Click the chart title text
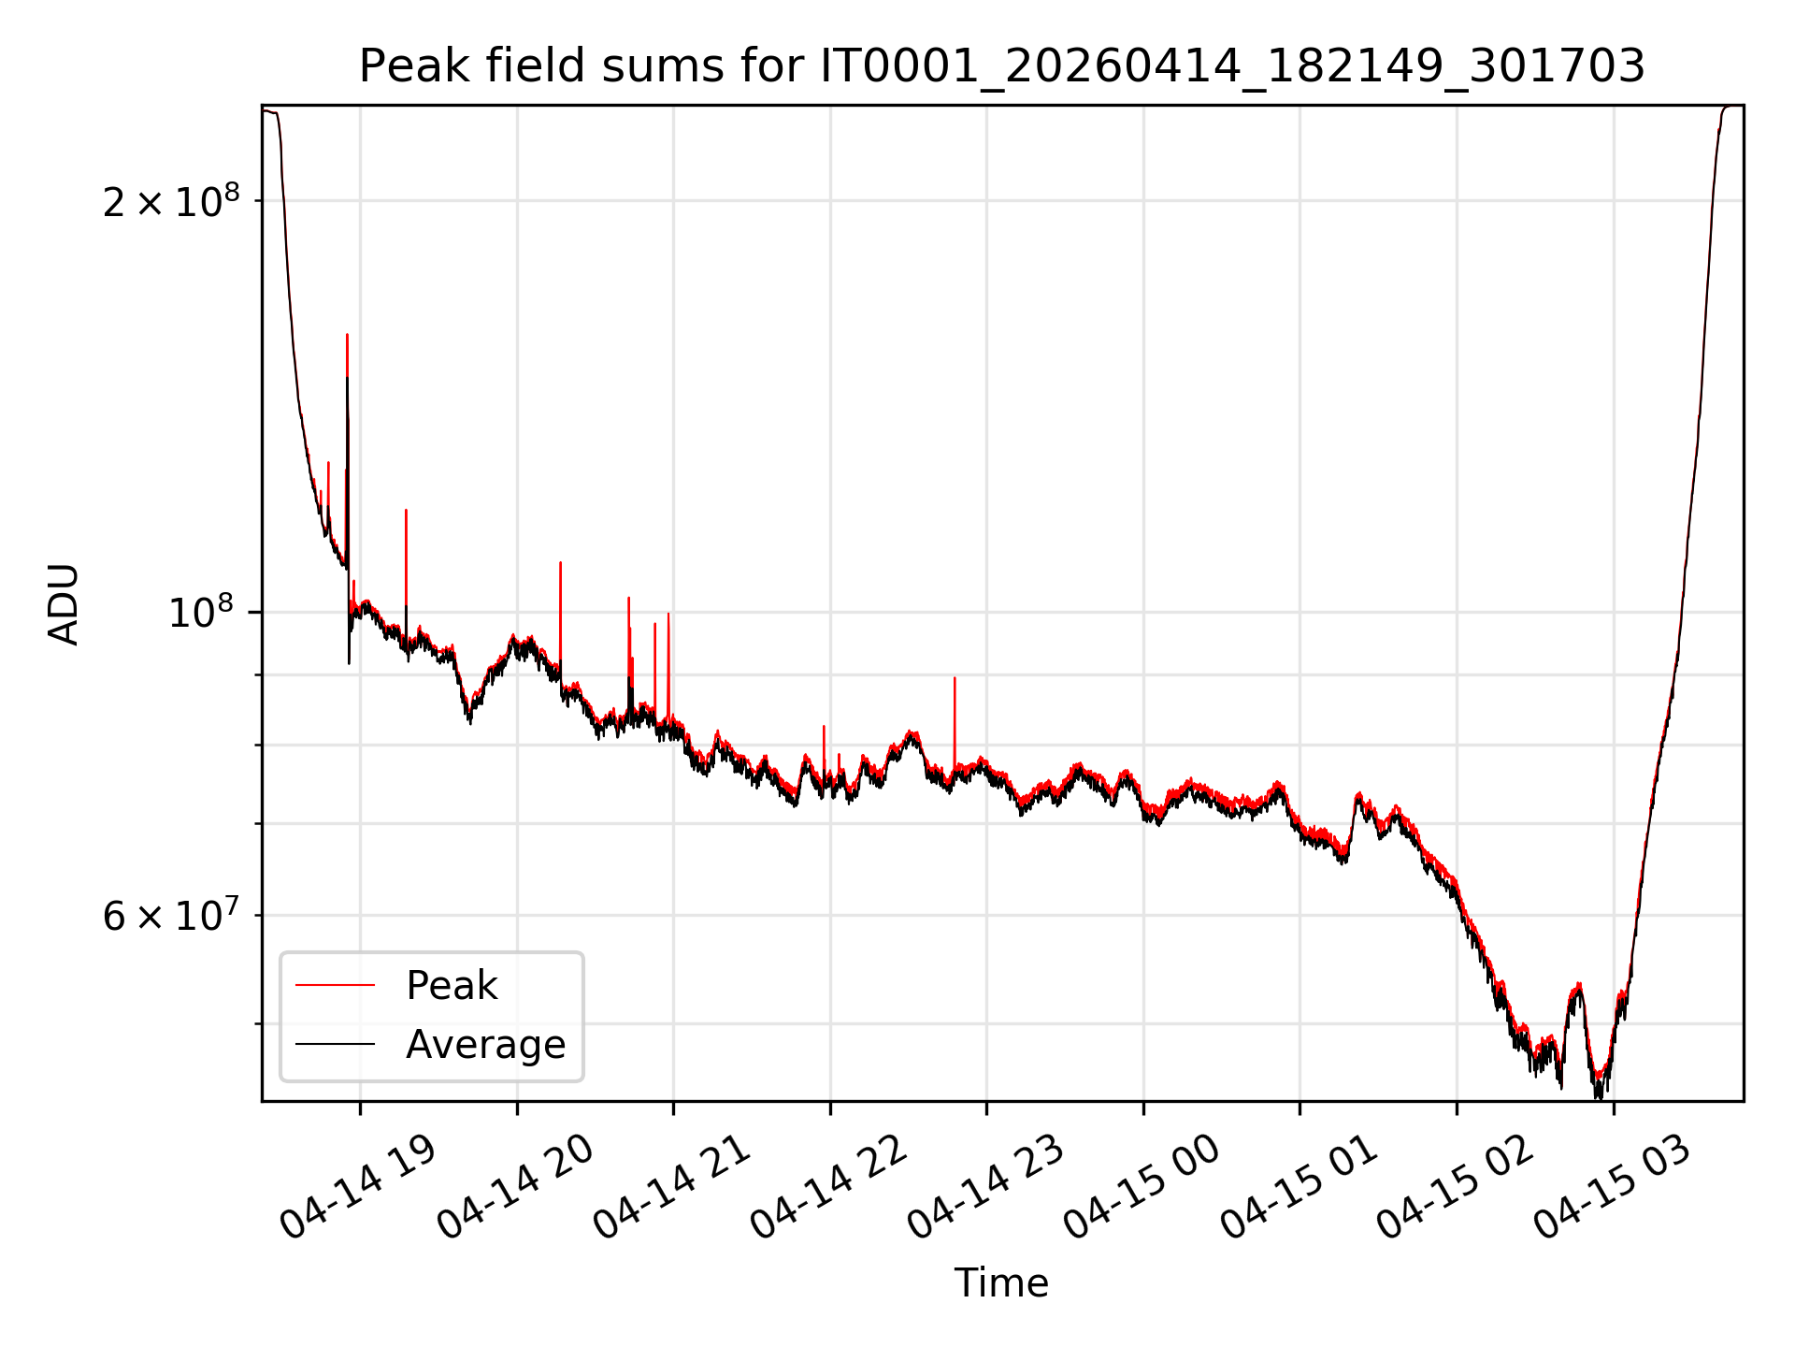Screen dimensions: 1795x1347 click(1001, 66)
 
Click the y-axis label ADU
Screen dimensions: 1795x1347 click(64, 603)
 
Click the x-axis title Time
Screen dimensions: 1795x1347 click(1001, 1282)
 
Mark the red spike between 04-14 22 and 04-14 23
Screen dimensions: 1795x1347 click(955, 725)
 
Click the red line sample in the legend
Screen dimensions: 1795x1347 click(335, 985)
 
